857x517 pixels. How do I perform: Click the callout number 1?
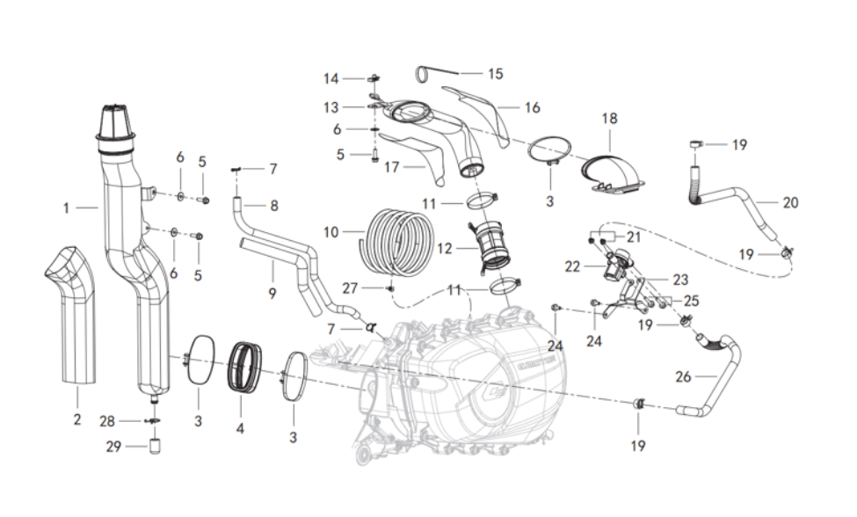(66, 208)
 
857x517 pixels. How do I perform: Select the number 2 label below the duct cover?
(76, 419)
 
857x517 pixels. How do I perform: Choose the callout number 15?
(496, 74)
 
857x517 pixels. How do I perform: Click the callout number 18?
(609, 118)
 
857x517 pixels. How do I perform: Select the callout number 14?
(330, 78)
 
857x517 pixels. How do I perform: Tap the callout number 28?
(107, 421)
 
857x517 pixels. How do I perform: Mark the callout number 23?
(679, 280)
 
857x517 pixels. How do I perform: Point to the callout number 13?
(330, 106)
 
